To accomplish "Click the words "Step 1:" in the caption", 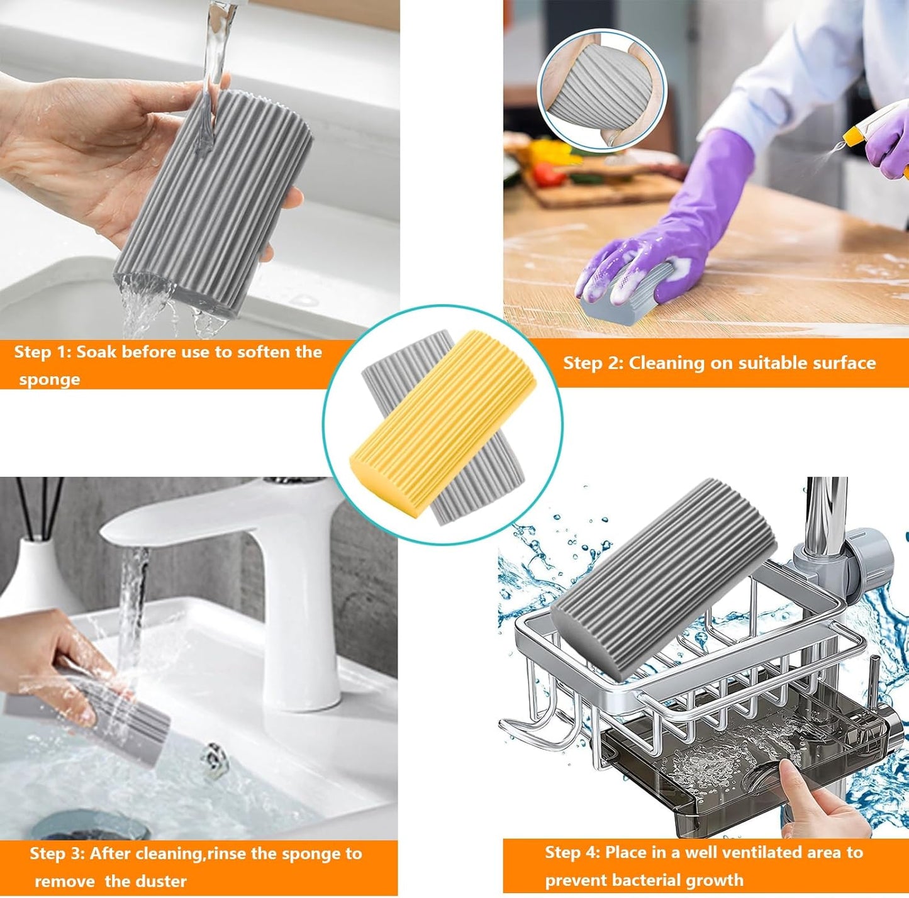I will [43, 352].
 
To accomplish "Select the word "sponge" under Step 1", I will [50, 379].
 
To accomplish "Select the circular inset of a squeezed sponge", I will [601, 91].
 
